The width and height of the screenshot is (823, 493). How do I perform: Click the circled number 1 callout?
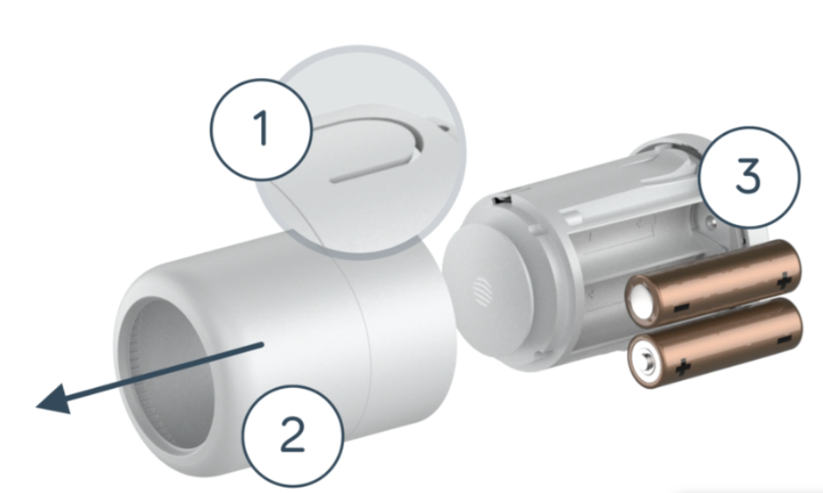tap(261, 130)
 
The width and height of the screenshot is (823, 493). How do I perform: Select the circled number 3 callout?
tap(749, 177)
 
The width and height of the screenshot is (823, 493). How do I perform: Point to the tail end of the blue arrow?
tap(262, 347)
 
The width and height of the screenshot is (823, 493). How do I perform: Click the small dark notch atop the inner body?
tap(502, 201)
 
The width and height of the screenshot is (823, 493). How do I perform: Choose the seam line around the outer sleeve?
tap(360, 350)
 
